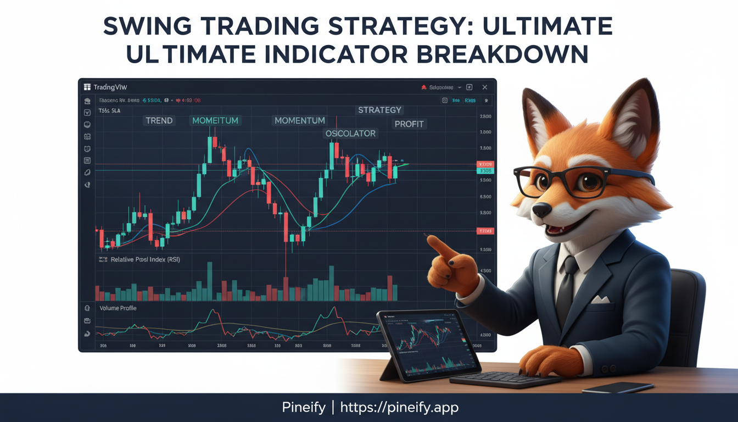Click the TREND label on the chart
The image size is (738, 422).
(x=159, y=120)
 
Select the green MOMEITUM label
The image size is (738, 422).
(x=215, y=120)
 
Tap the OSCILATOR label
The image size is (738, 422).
(x=350, y=134)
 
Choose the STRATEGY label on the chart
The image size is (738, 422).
(x=379, y=110)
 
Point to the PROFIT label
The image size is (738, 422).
(x=409, y=124)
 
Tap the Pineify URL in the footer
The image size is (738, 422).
(x=399, y=407)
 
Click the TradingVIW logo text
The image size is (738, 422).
(x=110, y=87)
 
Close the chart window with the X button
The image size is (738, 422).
(x=484, y=87)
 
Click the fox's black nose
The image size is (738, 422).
(x=542, y=209)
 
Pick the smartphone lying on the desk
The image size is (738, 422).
(x=610, y=387)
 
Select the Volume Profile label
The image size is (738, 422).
(x=118, y=308)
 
